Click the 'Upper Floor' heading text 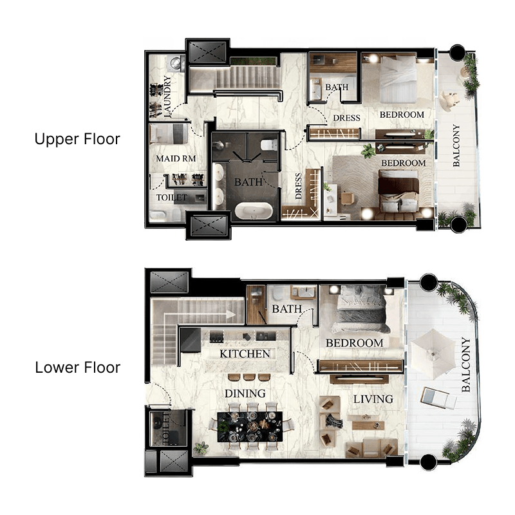(x=77, y=139)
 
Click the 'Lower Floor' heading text (x=77, y=368)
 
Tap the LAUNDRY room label (x=167, y=97)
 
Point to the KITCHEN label (x=245, y=354)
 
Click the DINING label (x=245, y=393)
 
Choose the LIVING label (x=373, y=399)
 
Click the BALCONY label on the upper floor (x=456, y=145)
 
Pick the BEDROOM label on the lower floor (x=354, y=343)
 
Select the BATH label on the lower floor (x=286, y=310)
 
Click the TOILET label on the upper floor (x=171, y=198)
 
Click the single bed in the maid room (x=169, y=135)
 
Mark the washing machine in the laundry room (x=174, y=63)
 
